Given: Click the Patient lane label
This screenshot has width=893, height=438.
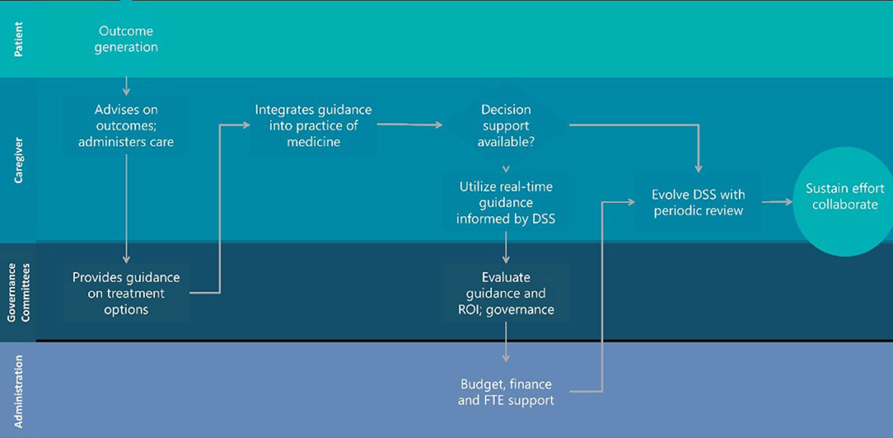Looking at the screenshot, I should coord(19,40).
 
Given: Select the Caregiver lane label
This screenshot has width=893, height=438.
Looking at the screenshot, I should coord(19,159).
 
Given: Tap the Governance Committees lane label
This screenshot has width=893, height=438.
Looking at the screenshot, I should coord(19,291).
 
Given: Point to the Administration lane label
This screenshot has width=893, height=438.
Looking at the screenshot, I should coord(19,389).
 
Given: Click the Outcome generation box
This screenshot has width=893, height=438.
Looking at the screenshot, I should coord(125,39).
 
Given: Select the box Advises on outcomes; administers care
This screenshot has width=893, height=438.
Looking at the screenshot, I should coord(126,125).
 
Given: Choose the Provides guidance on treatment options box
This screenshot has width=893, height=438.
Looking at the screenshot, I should coord(126,293).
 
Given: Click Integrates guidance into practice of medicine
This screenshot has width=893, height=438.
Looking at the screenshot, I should coord(313,125).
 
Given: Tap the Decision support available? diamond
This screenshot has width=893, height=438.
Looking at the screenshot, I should coord(505,126).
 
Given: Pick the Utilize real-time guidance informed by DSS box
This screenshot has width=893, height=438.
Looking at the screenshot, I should coord(506,203).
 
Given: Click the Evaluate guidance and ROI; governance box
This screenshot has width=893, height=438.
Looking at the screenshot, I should coord(506,293).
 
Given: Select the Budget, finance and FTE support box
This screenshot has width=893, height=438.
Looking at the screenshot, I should coord(506,392).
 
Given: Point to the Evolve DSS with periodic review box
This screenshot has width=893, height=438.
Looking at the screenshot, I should coord(698,202).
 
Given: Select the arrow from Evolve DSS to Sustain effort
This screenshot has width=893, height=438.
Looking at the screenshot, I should coord(777,201).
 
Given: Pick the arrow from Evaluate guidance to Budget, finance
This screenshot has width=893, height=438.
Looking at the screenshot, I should coord(506,343).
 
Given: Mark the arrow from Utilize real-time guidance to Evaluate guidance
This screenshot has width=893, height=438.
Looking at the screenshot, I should coord(506,246).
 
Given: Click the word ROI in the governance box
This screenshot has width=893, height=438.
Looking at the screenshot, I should coord(472,310).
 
